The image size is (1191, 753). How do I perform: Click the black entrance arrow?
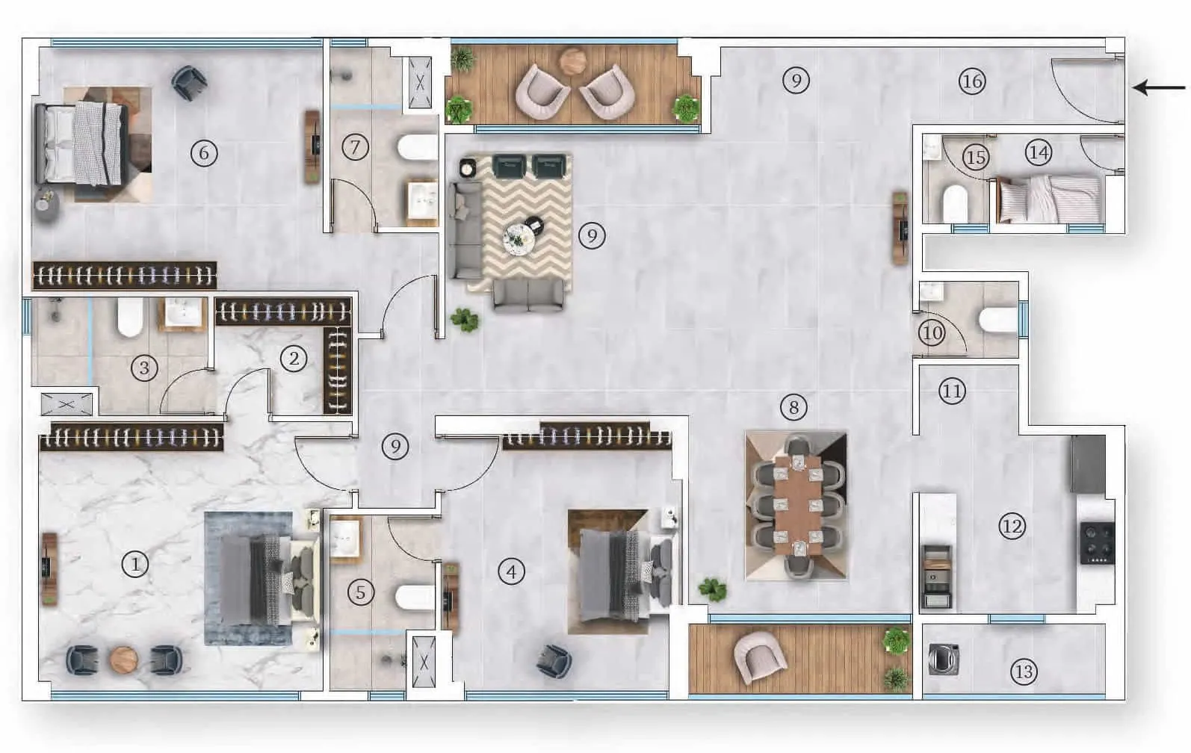point(1159,87)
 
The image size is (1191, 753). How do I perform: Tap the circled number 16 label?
point(972,81)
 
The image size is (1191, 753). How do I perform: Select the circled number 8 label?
point(794,408)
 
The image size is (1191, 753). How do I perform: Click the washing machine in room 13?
point(944,659)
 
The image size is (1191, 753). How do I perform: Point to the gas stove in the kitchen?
point(1098,543)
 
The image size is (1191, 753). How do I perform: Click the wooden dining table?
point(797,505)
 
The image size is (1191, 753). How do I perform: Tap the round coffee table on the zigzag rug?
point(519,238)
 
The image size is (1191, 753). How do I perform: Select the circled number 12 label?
point(1012,526)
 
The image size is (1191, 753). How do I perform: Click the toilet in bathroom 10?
point(998,320)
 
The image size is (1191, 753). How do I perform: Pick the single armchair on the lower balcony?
point(760,657)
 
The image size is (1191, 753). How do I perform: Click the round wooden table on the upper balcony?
point(572,61)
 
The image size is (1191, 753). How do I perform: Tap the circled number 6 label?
point(204,154)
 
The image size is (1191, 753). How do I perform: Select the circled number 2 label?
point(294,359)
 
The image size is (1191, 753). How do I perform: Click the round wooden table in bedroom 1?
point(124,660)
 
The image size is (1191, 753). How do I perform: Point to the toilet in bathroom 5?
point(415,598)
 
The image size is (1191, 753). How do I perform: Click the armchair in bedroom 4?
point(554,660)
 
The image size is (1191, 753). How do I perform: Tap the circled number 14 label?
point(1038,153)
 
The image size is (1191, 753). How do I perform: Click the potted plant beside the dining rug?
point(713,589)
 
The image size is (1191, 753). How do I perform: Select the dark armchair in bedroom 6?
point(189,82)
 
